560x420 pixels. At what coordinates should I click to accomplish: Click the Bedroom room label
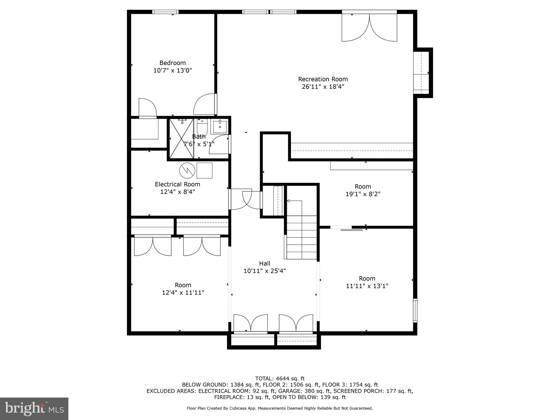(x=173, y=63)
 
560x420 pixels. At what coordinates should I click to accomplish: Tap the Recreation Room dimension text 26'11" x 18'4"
(x=323, y=87)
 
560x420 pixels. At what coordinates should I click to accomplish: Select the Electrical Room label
(x=177, y=184)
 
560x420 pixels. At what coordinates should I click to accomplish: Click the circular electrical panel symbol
(x=187, y=170)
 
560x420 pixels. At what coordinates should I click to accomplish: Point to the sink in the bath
(x=220, y=127)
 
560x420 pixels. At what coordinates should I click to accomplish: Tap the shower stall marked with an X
(x=182, y=138)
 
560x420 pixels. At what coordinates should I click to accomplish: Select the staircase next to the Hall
(x=302, y=237)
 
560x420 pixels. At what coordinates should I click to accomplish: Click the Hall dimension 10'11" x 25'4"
(x=264, y=271)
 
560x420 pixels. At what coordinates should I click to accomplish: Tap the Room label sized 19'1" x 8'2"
(x=363, y=186)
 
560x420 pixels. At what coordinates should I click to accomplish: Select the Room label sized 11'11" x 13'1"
(x=367, y=278)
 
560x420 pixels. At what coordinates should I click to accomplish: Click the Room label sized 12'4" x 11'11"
(x=183, y=285)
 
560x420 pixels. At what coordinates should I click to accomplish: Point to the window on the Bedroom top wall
(x=165, y=12)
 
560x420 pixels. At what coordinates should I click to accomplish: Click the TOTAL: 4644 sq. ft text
(x=280, y=378)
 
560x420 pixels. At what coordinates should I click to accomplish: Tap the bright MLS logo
(x=34, y=409)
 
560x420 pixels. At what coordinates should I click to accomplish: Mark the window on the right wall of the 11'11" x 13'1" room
(x=415, y=310)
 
